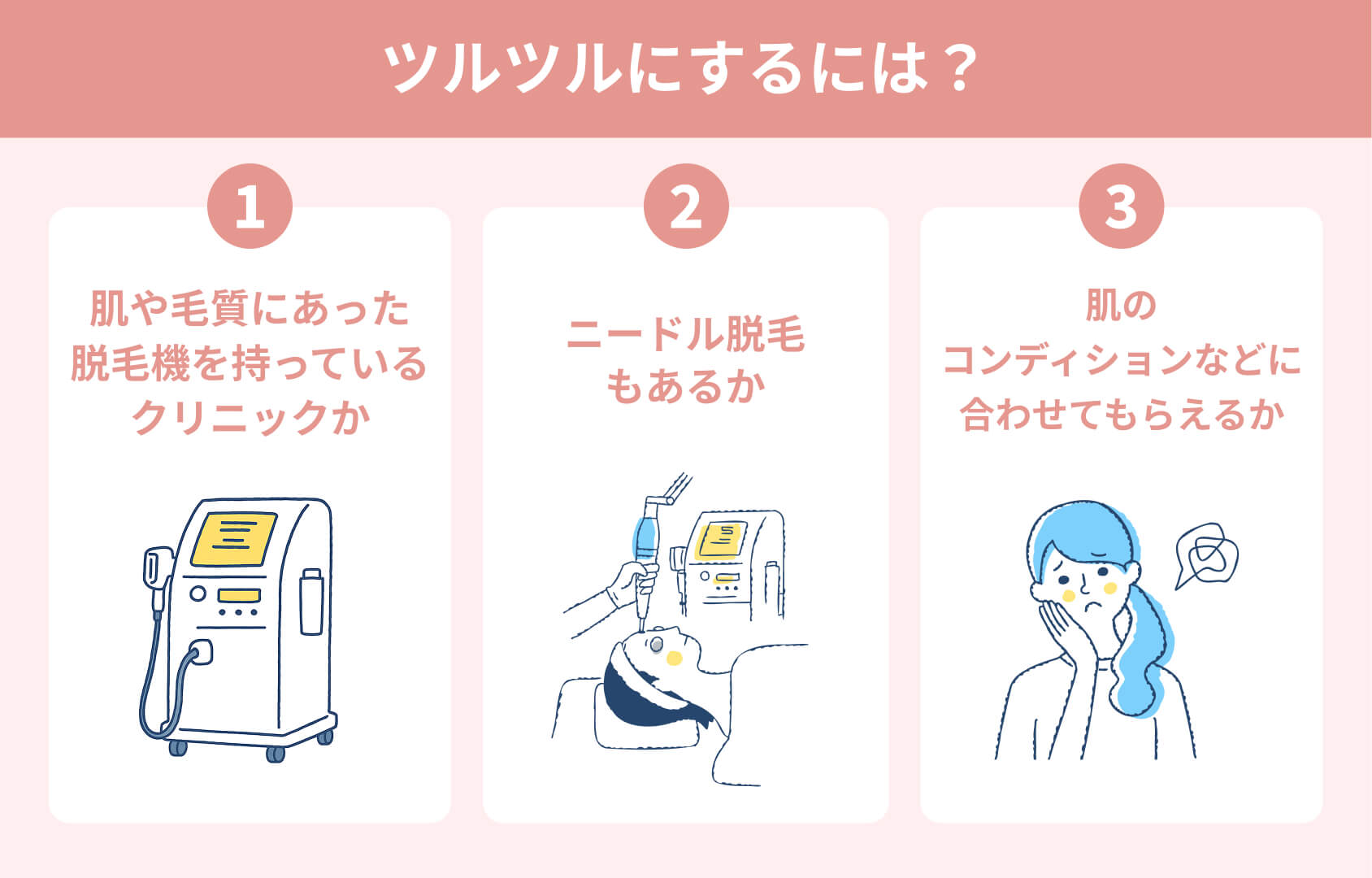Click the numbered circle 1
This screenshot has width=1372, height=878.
(x=250, y=206)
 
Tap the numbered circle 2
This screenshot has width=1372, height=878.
(x=686, y=206)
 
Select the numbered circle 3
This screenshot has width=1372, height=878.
(x=1121, y=206)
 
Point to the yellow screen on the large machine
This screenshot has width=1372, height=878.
(x=233, y=539)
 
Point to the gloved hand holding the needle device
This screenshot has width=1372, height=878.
(x=627, y=582)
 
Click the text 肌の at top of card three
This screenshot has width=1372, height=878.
(x=1121, y=306)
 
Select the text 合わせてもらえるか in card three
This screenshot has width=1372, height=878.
(x=1121, y=414)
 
